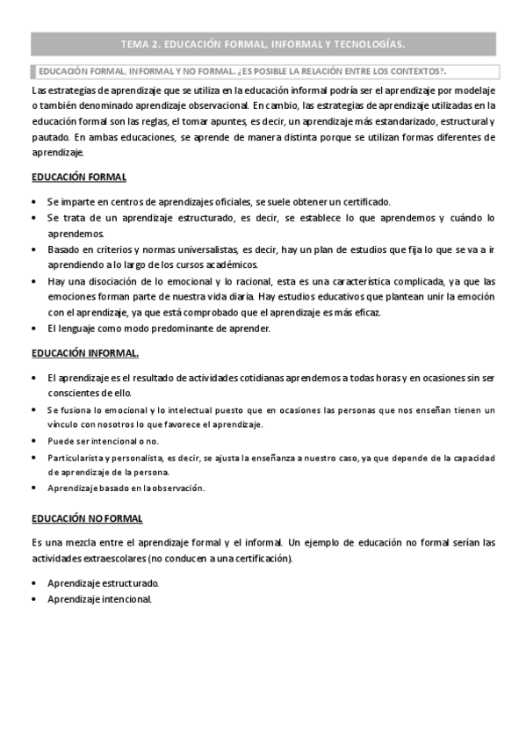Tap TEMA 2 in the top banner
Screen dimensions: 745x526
[x=142, y=43]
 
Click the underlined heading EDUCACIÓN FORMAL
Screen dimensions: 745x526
[x=79, y=177]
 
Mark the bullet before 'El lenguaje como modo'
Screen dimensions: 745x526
[x=34, y=329]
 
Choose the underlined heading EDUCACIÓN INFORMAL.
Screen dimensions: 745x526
[x=84, y=353]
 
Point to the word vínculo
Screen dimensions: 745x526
[x=62, y=424]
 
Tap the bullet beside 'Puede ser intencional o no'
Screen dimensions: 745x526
[x=34, y=441]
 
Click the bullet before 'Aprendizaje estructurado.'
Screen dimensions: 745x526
[x=34, y=583]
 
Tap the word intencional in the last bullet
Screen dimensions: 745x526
[x=126, y=599]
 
